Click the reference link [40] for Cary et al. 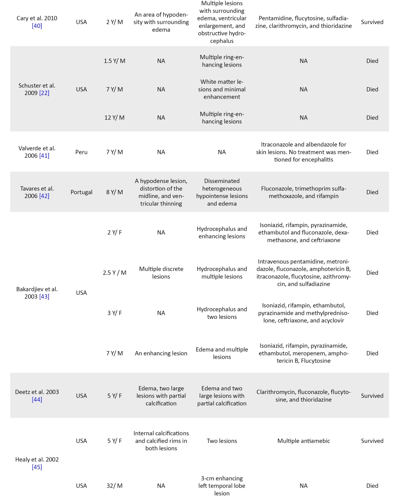(37, 26)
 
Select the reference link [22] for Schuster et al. (44, 93)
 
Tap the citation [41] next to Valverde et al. (44, 156)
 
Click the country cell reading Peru (81, 152)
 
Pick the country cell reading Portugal (81, 192)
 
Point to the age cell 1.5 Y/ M (114, 61)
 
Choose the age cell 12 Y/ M (114, 118)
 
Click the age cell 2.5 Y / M (114, 273)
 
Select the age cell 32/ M (114, 486)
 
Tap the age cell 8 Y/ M (114, 192)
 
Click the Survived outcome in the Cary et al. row (372, 22)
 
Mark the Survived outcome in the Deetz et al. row (372, 396)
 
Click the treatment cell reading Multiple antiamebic (303, 441)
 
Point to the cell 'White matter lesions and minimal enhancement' (222, 89)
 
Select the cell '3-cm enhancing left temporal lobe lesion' (222, 486)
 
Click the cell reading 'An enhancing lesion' (161, 353)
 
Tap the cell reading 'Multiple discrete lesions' (161, 273)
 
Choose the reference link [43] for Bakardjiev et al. (44, 297)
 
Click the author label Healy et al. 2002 (37, 459)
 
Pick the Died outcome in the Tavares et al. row (372, 192)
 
